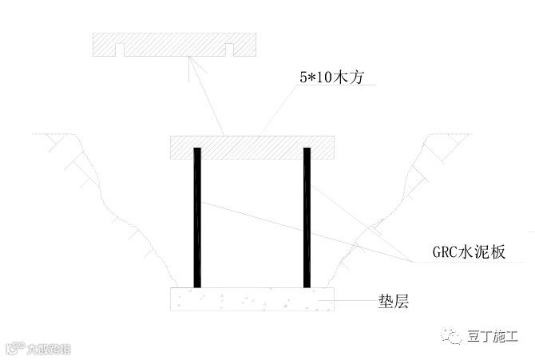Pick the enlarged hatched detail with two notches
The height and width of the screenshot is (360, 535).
click(173, 42)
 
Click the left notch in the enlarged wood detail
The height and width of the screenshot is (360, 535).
click(121, 50)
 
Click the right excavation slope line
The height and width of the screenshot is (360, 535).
click(383, 208)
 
